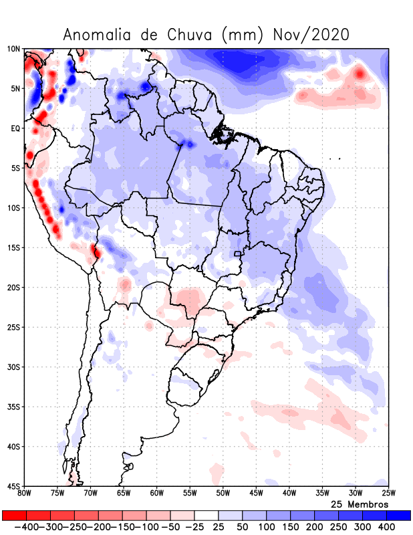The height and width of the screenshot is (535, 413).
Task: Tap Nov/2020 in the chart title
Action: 311,35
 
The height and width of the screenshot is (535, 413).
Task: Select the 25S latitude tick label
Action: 14,327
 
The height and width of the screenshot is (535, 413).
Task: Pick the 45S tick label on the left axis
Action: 14,486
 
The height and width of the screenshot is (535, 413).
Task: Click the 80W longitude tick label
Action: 25,494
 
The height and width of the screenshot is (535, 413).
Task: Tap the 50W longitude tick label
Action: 223,494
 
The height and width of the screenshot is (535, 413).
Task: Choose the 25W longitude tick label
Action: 388,494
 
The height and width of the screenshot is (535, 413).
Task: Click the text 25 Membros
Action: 360,504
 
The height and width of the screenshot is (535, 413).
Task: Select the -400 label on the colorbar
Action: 26,528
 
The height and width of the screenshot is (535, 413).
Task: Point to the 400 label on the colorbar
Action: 386,528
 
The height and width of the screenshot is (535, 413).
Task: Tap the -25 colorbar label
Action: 194,528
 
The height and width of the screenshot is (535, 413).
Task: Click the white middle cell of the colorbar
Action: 206,516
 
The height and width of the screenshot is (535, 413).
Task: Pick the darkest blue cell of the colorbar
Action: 399,516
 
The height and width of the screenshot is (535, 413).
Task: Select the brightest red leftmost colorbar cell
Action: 14,516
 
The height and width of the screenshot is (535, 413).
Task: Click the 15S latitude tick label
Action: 14,247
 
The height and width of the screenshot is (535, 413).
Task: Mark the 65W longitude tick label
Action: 124,494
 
